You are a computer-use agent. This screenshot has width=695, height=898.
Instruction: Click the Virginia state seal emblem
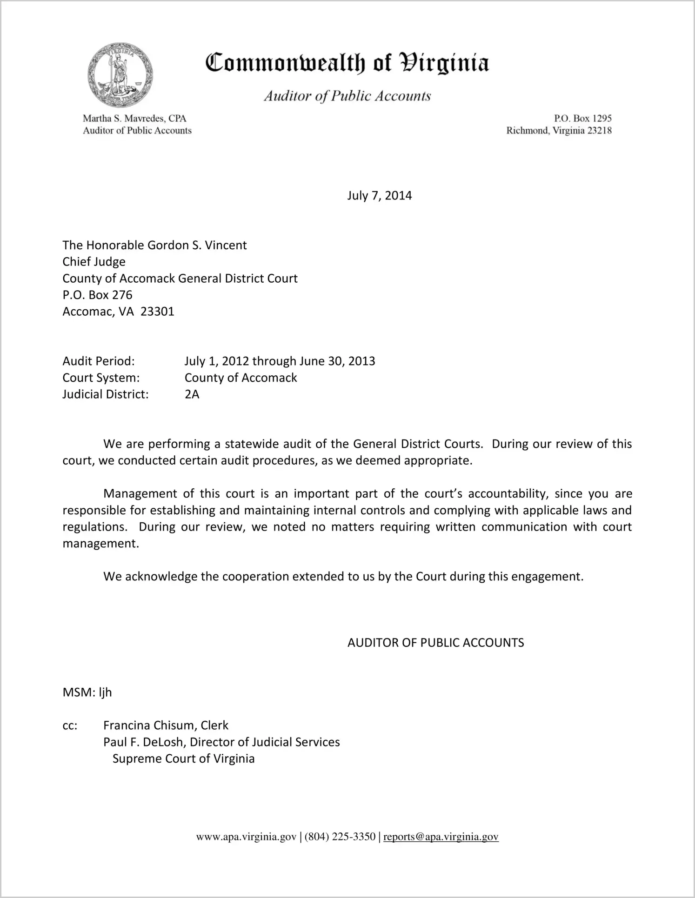120,75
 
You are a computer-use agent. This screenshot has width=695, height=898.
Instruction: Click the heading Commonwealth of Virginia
347,63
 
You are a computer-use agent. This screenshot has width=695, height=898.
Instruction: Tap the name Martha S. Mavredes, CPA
134,119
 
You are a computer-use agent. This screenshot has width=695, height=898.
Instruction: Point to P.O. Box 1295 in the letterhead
582,119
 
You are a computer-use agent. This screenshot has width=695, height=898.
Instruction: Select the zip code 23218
599,131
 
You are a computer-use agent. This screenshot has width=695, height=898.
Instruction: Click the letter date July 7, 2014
379,195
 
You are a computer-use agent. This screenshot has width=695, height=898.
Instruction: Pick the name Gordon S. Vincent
197,245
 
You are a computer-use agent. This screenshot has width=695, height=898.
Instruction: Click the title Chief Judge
94,262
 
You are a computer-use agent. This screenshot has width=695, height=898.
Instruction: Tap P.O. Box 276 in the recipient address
97,295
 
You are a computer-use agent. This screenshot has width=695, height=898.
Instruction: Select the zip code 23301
157,312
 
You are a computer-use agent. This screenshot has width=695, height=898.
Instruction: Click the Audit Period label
99,361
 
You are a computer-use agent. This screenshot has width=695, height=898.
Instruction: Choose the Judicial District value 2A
192,394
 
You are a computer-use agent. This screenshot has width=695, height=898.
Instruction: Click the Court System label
101,378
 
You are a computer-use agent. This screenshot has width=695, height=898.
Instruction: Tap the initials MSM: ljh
87,692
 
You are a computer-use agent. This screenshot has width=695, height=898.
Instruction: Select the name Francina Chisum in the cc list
149,725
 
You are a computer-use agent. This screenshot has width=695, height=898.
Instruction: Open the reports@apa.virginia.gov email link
441,837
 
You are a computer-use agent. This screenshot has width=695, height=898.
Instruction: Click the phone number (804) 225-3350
340,837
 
